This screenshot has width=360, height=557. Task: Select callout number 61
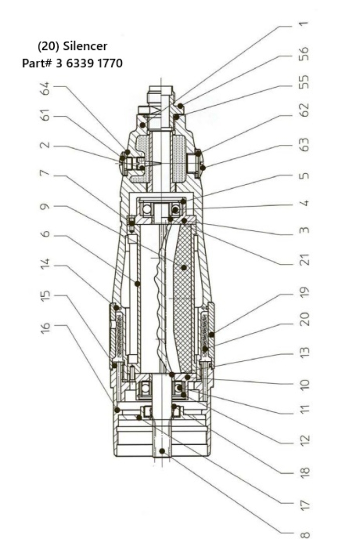point(47,117)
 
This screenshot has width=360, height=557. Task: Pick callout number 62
point(305,111)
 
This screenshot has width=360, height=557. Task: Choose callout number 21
point(305,259)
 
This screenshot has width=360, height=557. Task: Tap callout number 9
point(47,207)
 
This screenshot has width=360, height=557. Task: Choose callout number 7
point(47,176)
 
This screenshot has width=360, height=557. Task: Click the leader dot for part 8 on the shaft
point(162,450)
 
